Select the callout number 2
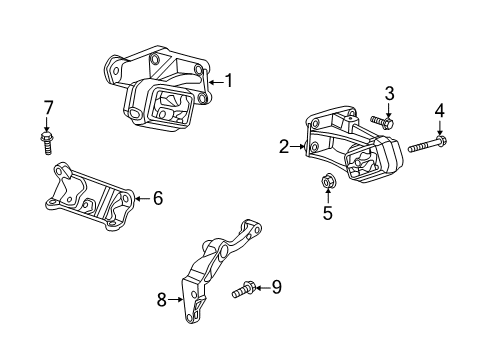(x=284, y=146)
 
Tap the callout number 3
(x=390, y=93)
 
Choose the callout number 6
(x=157, y=199)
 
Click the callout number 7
(x=47, y=107)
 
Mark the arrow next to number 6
(x=140, y=199)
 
